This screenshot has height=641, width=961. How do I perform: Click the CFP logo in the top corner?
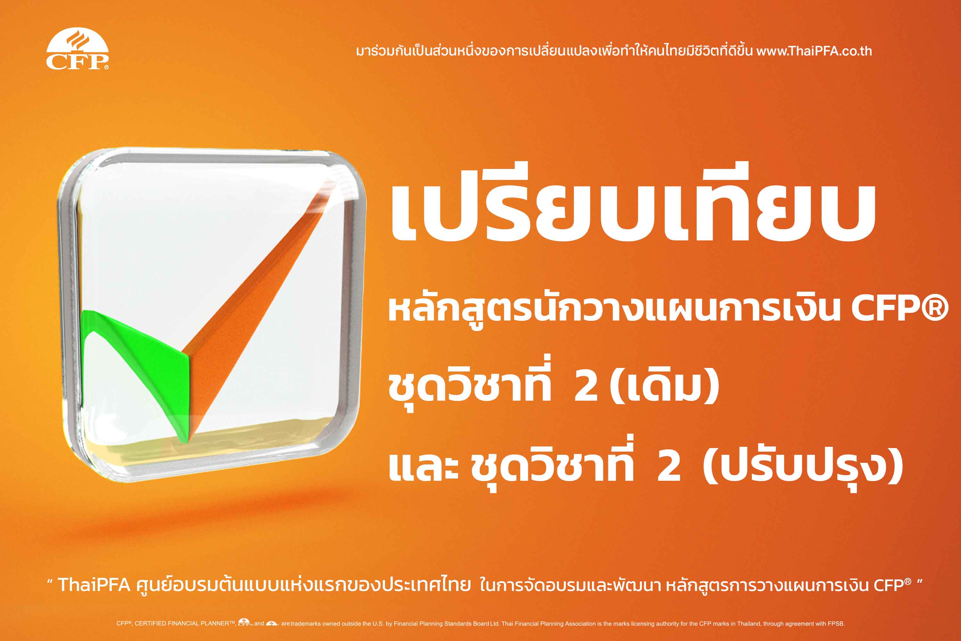(x=77, y=49)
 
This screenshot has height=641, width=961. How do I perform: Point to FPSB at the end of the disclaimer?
(x=836, y=624)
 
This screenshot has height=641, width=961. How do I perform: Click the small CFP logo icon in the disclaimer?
(x=245, y=623)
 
